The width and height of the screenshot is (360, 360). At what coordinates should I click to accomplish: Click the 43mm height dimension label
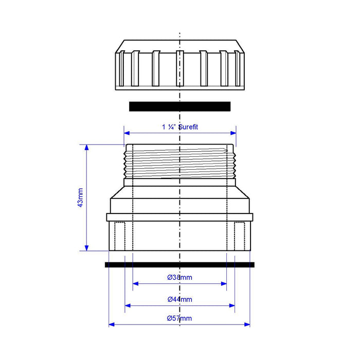coord(80,197)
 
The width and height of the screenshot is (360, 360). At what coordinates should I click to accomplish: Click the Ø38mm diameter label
coord(179,277)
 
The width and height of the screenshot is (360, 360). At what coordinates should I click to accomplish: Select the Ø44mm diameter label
coord(179,299)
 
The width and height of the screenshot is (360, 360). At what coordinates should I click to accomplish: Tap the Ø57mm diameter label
coord(179,318)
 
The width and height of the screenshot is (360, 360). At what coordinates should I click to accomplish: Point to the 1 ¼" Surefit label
coord(180,127)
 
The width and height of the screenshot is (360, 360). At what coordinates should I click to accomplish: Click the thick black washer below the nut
coord(180,106)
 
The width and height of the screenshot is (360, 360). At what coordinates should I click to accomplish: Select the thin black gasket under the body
coord(179,265)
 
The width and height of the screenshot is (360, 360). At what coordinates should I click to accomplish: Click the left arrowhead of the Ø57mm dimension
coord(112,325)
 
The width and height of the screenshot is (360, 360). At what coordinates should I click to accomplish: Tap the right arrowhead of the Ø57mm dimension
coord(247,325)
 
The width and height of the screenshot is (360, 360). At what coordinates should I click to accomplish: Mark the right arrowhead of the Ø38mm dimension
coord(224,283)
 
